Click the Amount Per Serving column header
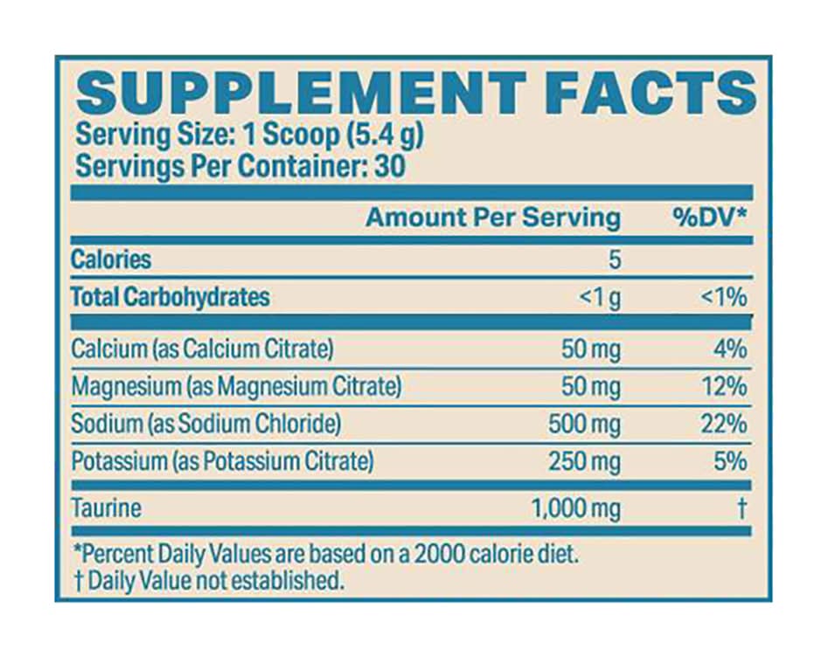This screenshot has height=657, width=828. (493, 218)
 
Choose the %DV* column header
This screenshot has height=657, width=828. (710, 218)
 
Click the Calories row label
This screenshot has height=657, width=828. (111, 259)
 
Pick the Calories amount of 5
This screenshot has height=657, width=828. (614, 259)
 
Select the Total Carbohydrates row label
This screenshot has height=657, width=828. (170, 297)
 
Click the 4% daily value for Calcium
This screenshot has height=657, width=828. (728, 349)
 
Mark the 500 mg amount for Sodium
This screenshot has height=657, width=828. (584, 425)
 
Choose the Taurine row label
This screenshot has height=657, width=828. (106, 508)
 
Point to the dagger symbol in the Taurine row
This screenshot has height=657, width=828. (742, 508)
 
